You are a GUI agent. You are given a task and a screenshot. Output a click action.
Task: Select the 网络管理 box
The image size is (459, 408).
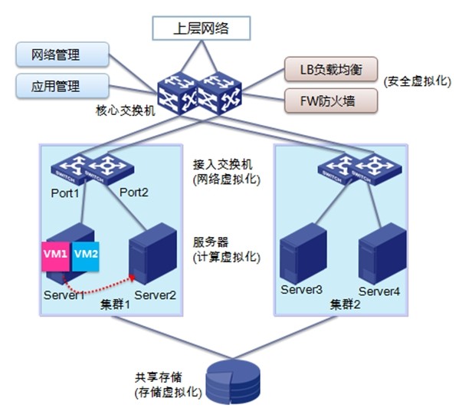tap(57, 55)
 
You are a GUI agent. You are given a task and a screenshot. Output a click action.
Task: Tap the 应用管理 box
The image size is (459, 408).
tap(57, 85)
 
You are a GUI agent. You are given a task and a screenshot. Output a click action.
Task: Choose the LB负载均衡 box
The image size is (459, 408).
tap(331, 71)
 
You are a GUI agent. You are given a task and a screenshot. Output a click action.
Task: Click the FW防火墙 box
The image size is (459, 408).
tap(331, 100)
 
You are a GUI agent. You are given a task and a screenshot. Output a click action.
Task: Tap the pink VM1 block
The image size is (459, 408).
tap(55, 254)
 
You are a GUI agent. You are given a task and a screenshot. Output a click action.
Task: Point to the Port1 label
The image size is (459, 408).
tap(66, 193)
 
